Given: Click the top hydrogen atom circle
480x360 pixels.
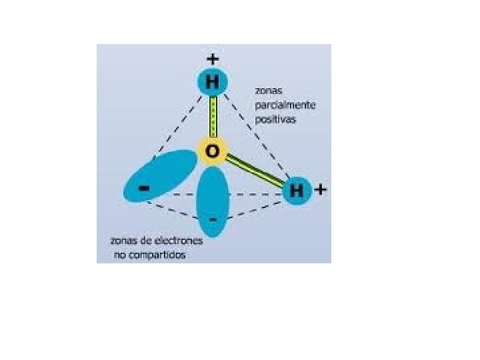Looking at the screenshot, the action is [x=213, y=82].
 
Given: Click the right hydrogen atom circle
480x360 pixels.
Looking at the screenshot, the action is [x=297, y=191].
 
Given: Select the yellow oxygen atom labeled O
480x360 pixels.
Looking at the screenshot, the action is [x=213, y=152].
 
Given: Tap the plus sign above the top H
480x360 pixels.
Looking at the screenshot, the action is [x=213, y=59].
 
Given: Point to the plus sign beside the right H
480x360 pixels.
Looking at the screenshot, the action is [x=321, y=189].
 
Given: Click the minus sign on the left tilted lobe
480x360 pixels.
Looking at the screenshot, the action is [x=143, y=189].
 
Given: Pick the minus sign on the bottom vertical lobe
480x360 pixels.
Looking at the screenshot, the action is [x=213, y=219].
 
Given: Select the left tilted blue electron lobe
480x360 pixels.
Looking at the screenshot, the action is [x=160, y=175].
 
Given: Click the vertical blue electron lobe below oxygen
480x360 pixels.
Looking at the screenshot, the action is [x=213, y=200].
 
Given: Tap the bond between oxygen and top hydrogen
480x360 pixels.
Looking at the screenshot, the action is [x=213, y=117].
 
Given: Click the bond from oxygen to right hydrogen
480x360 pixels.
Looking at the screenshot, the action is [x=256, y=171].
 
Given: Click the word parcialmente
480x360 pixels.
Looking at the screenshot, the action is [x=285, y=105].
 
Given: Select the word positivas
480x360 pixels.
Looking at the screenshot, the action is [x=275, y=120].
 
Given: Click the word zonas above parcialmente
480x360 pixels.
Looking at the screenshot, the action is [x=269, y=89].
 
